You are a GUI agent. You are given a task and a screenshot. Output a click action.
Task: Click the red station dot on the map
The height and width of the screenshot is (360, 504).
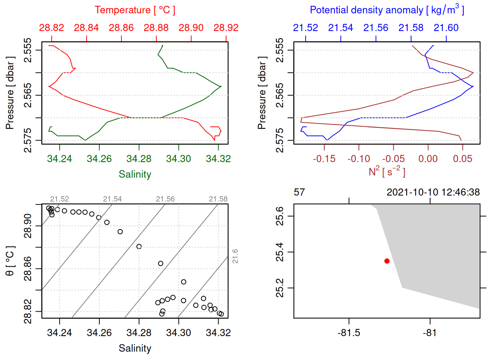click(x=387, y=261)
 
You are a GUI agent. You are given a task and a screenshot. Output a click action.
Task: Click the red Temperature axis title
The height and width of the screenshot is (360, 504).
click(x=135, y=10)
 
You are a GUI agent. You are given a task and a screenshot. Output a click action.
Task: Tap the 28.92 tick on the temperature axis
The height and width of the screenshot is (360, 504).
click(x=226, y=28)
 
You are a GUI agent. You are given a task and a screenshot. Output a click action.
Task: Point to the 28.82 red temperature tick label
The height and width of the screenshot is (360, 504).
click(x=51, y=28)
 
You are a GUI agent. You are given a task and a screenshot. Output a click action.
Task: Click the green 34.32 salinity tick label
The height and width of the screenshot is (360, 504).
click(x=218, y=159)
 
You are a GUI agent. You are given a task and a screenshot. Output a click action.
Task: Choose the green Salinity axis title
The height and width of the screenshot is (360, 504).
click(x=135, y=174)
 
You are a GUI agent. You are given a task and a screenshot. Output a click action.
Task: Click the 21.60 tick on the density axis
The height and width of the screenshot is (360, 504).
click(x=446, y=28)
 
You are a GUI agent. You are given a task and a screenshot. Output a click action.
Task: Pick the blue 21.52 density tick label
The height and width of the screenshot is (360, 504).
click(x=305, y=28)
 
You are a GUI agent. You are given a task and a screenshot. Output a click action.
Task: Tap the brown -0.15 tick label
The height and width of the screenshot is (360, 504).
click(x=324, y=159)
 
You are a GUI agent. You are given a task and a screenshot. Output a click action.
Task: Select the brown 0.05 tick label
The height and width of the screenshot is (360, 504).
click(x=462, y=159)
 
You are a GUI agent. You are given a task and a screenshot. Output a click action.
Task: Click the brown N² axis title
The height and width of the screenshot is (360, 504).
click(x=387, y=171)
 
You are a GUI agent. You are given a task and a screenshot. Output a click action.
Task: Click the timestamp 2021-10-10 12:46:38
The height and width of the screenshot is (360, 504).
click(x=433, y=192)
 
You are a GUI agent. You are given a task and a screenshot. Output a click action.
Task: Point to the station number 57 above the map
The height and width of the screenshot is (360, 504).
click(x=299, y=192)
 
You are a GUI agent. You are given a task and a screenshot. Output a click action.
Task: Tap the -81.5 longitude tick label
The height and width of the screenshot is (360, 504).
click(x=349, y=333)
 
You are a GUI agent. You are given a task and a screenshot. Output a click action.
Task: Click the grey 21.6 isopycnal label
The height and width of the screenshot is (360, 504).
click(x=235, y=256)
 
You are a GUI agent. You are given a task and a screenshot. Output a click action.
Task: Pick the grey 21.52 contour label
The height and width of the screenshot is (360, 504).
click(x=60, y=199)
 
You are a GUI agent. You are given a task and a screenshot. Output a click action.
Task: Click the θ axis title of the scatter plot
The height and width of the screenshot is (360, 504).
click(x=10, y=261)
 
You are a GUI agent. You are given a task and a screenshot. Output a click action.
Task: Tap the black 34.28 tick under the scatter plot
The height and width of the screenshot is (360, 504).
click(x=139, y=333)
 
